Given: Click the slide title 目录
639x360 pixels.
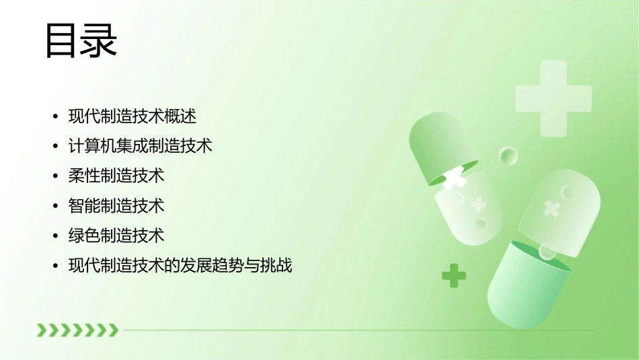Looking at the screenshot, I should [80, 41].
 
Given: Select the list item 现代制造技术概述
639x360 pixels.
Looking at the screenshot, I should [133, 116].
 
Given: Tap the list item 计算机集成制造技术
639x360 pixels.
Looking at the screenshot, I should [140, 146].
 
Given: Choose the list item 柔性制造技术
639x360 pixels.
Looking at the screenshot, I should [116, 176].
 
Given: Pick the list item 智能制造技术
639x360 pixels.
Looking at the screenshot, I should [116, 206].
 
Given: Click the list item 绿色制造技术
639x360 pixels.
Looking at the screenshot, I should [116, 236].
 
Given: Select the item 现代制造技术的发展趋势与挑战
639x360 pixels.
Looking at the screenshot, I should [180, 266].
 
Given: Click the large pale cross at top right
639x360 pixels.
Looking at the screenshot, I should [553, 98].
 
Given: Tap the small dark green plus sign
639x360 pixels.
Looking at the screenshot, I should [454, 275].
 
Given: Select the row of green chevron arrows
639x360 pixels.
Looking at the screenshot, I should [77, 330].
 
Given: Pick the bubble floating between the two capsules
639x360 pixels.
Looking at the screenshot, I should [508, 156].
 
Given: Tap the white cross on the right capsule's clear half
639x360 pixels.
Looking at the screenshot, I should [552, 209].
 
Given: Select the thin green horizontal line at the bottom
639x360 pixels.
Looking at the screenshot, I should [356, 330].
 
